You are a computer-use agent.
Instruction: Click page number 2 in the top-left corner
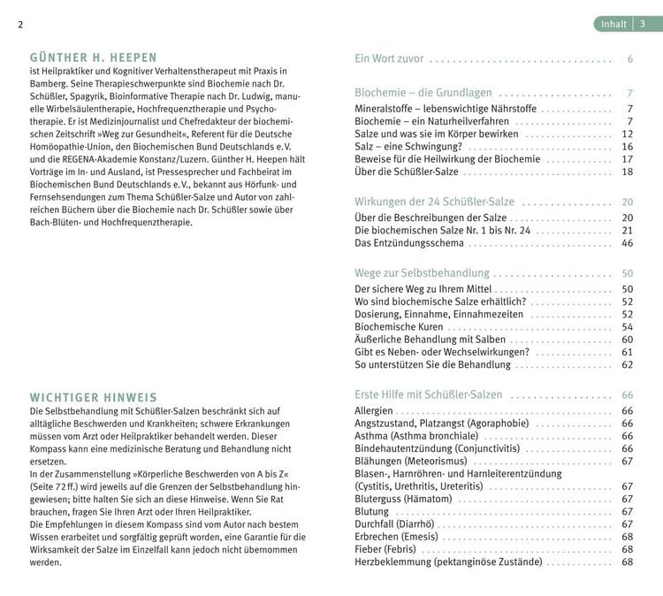[19, 24]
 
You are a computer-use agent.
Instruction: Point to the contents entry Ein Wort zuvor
[388, 59]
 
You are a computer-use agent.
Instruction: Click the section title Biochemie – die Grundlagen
[423, 93]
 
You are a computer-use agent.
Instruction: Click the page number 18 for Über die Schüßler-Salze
[627, 172]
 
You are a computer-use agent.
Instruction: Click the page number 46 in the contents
[627, 243]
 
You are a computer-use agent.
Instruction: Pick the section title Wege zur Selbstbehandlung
[421, 273]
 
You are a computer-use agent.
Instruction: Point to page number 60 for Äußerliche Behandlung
[627, 340]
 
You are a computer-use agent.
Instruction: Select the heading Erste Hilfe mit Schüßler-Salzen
[428, 394]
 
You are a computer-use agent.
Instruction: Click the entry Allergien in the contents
[374, 411]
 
